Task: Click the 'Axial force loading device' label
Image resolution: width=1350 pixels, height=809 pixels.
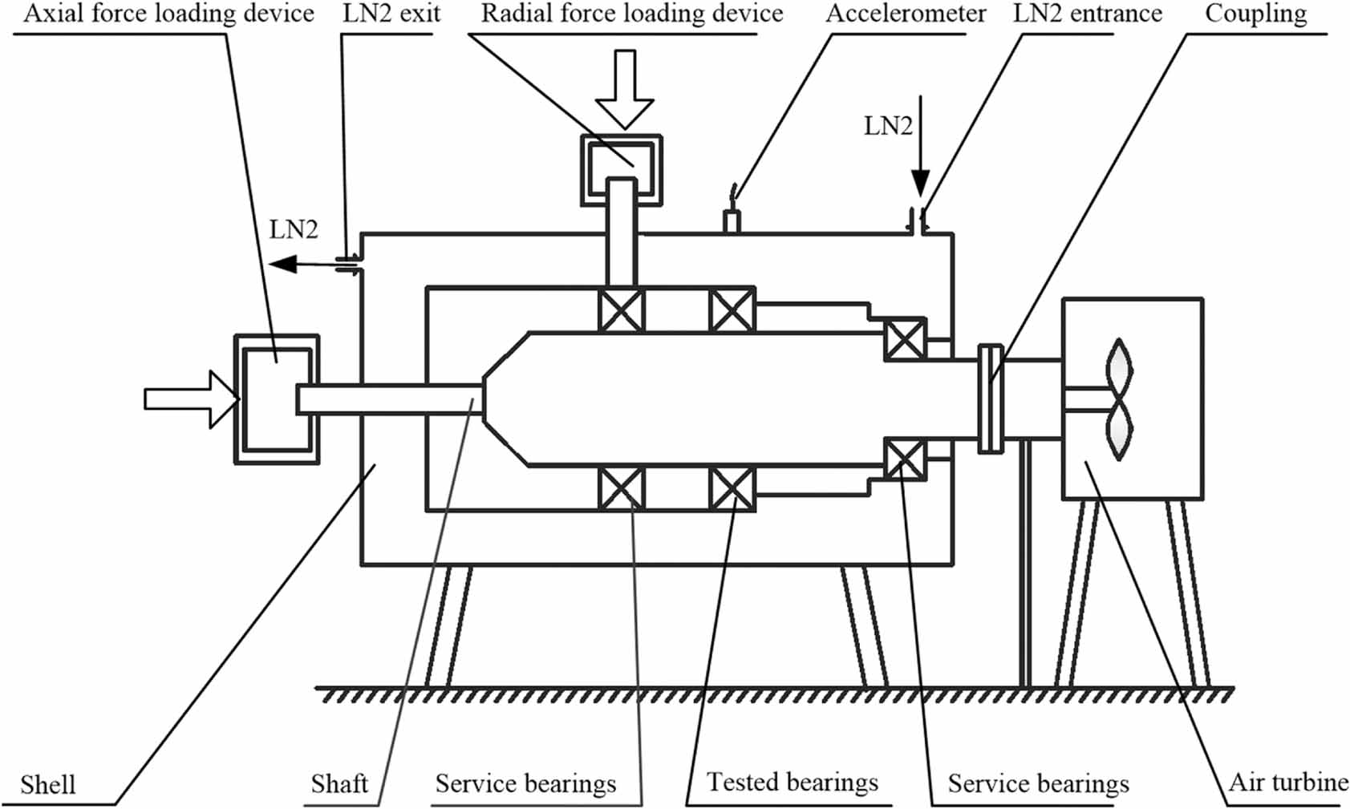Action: coord(168,14)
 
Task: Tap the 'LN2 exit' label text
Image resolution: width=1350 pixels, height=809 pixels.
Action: coord(391,14)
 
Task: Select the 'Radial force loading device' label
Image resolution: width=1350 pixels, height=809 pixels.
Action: coord(632,14)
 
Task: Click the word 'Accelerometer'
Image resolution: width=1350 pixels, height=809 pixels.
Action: coord(906,14)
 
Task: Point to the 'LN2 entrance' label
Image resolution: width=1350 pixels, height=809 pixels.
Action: coord(1087,14)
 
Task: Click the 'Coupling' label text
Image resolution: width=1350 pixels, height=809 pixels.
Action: coord(1255,14)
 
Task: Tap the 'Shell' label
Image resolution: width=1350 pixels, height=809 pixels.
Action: coord(48,783)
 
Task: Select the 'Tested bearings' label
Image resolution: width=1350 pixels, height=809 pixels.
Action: coord(793,782)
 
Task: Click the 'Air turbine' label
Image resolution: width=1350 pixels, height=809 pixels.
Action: coord(1288,782)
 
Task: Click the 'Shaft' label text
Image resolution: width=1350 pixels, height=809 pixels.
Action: coord(339,783)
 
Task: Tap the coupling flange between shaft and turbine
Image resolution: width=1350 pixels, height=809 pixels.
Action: coord(991,398)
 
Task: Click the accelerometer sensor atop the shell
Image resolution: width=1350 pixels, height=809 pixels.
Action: coord(731,218)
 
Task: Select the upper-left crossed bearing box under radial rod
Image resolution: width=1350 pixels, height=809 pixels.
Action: coord(622,310)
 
